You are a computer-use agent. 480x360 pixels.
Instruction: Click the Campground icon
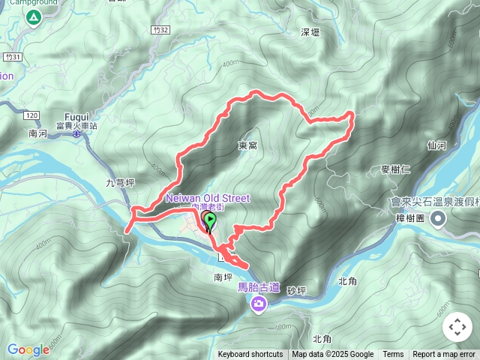pyautogui.click(x=33, y=17)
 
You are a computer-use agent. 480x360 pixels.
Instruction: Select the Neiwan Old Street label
pyautogui.click(x=208, y=198)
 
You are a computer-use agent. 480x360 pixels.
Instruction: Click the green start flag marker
pyautogui.click(x=211, y=220)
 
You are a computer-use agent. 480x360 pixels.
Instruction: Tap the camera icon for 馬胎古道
pyautogui.click(x=259, y=303)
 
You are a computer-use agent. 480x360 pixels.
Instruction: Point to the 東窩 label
pyautogui.click(x=247, y=145)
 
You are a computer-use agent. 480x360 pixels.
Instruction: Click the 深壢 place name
pyautogui.click(x=310, y=32)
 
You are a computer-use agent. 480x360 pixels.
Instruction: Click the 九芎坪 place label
pyautogui.click(x=120, y=182)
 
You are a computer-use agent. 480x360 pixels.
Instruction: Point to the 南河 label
pyautogui.click(x=37, y=133)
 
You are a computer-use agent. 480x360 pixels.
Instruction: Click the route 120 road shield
pyautogui.click(x=31, y=115)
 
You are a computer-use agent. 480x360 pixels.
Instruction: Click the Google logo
pyautogui.click(x=28, y=349)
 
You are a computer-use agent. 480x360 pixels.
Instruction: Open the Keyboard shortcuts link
pyautogui.click(x=250, y=355)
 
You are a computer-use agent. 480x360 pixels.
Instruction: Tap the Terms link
pyautogui.click(x=393, y=355)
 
